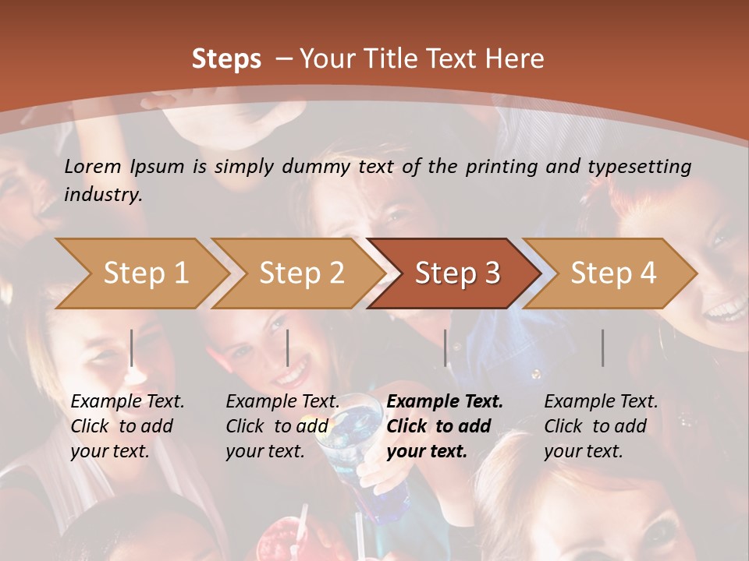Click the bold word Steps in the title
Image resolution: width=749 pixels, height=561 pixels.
[226, 59]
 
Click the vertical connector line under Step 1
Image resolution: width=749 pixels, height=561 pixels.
[132, 348]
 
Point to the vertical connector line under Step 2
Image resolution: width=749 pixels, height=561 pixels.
[288, 348]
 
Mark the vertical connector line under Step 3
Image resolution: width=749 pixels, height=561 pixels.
[445, 348]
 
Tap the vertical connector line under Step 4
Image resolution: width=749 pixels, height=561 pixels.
[603, 348]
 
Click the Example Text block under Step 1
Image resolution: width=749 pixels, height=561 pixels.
[127, 426]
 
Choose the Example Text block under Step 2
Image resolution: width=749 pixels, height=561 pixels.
[282, 426]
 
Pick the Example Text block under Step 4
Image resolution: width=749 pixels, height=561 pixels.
[601, 426]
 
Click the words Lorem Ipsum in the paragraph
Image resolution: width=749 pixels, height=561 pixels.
[124, 167]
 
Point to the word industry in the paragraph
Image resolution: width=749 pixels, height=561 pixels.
[102, 195]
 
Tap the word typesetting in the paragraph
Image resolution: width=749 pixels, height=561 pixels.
[639, 167]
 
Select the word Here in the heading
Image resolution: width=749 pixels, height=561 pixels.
[514, 59]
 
